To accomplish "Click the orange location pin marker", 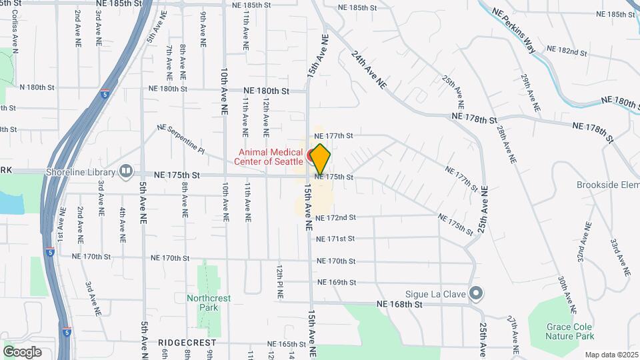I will coord(320,158).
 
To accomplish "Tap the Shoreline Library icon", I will coord(125,172).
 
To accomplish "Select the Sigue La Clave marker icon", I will coord(476,293).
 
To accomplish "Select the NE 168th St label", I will coord(400,304).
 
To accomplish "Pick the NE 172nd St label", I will coord(336,217).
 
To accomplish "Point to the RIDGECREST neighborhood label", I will coord(187,343).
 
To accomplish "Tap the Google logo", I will coord(22,352).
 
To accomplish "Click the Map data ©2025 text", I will coord(611,355).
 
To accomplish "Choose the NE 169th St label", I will coord(337,282).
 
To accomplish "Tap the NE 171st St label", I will coord(336,239).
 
